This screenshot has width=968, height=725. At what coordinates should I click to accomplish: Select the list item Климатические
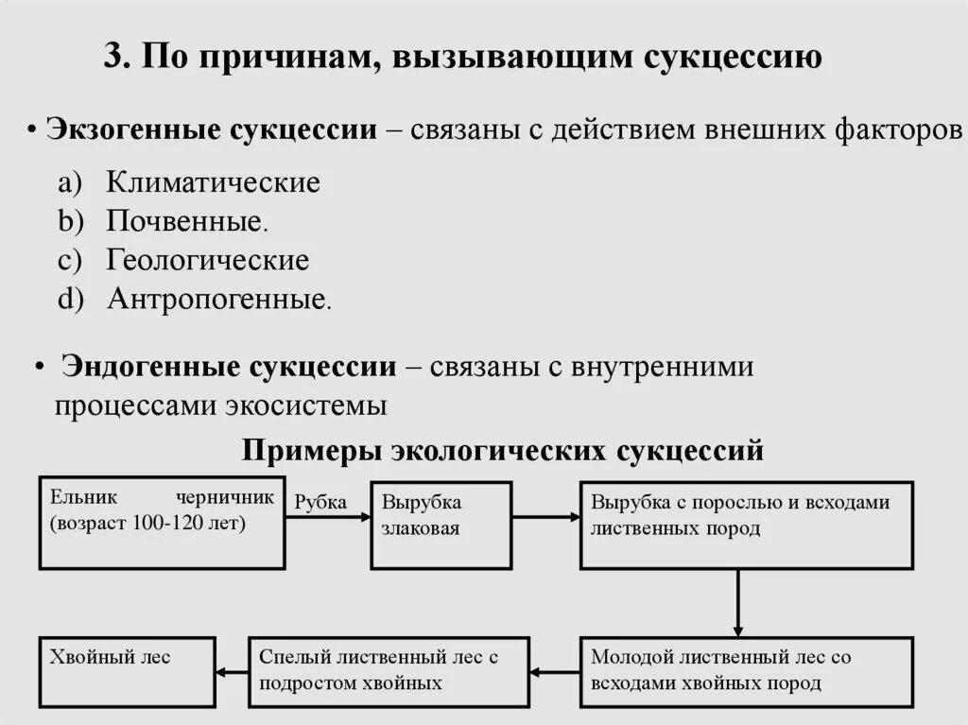pyautogui.click(x=213, y=181)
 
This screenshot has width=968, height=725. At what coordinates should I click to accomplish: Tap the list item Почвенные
pyautogui.click(x=184, y=221)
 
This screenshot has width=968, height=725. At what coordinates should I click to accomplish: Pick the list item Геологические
pyautogui.click(x=207, y=260)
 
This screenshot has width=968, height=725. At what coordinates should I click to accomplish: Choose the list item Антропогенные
pyautogui.click(x=216, y=300)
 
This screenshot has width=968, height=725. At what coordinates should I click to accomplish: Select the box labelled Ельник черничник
pyautogui.click(x=162, y=524)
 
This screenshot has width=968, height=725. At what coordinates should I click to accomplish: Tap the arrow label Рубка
pyautogui.click(x=320, y=502)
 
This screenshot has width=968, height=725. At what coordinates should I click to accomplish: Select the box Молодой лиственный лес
pyautogui.click(x=747, y=671)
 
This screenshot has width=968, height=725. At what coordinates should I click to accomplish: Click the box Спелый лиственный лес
pyautogui.click(x=389, y=671)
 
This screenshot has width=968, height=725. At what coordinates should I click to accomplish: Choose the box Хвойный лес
pyautogui.click(x=127, y=671)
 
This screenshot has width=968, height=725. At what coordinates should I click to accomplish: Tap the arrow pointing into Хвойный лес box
pyautogui.click(x=233, y=672)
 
